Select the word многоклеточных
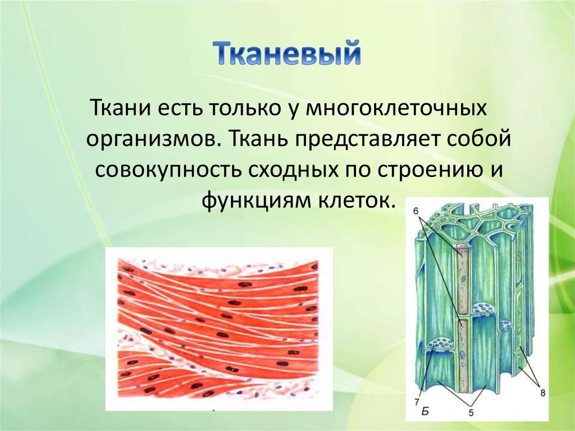click(396, 109)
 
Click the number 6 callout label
click(416, 211)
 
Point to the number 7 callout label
click(417, 402)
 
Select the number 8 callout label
click(543, 393)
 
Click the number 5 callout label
click(471, 413)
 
